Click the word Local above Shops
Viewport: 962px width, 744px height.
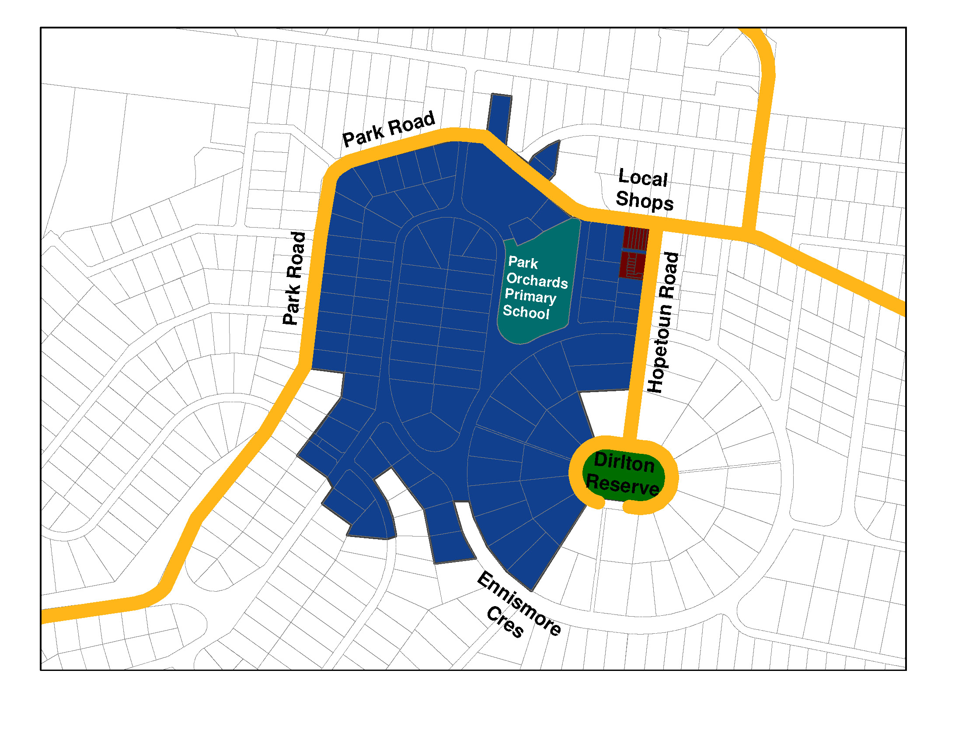[x=643, y=178]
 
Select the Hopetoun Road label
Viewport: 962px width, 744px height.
[x=663, y=322]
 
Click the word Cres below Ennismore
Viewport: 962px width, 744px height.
[x=505, y=622]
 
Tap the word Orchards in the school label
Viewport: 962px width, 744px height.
[x=537, y=281]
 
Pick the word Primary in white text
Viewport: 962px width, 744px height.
[x=530, y=296]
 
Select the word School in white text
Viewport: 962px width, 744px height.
[x=526, y=312]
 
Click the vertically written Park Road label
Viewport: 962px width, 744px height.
[x=295, y=278]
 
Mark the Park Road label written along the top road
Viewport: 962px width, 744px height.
[x=389, y=129]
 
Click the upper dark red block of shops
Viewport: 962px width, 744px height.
[x=635, y=239]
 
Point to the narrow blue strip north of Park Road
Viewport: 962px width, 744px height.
[x=499, y=117]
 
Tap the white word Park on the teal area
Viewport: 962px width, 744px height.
[x=523, y=263]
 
